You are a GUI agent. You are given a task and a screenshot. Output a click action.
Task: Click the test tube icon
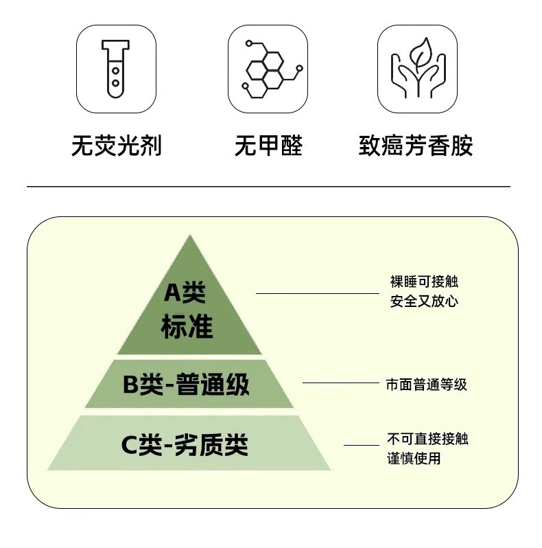point(115,68)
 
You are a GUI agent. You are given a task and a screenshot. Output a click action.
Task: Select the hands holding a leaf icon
point(419,69)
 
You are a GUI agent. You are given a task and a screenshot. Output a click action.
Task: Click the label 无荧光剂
point(117,146)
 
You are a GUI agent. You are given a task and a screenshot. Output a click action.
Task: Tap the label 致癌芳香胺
point(416,146)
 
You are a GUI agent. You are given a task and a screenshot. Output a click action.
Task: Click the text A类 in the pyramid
point(185,293)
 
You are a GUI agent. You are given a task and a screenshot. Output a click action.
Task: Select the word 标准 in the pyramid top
point(187,326)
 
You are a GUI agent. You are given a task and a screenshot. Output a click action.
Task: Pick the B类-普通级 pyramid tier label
point(186,385)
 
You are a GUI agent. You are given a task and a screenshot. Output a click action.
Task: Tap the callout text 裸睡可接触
point(424,282)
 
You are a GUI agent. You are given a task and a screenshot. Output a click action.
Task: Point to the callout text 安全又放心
point(424,301)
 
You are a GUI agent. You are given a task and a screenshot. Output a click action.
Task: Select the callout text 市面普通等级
point(426,385)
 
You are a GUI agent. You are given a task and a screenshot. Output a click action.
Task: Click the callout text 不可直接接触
point(427,439)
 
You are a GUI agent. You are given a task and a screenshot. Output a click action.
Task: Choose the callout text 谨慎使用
point(414,458)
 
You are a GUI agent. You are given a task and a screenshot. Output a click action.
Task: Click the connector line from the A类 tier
point(317,293)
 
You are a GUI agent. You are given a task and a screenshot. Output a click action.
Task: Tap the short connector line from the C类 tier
point(361,445)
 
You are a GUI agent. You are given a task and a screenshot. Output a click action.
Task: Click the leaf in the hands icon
point(419,55)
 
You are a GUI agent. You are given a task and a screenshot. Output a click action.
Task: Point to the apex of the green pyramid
point(189,237)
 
